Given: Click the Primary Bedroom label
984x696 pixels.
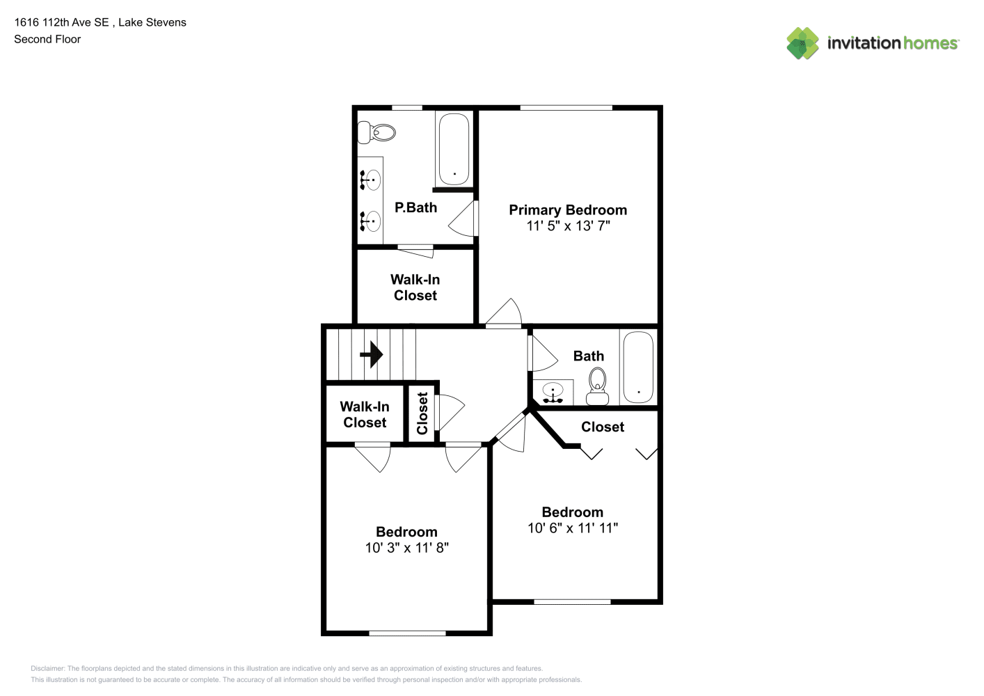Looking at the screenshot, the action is click(568, 210).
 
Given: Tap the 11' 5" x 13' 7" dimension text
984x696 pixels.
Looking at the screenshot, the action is click(568, 226).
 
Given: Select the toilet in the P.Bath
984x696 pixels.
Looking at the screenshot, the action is click(376, 132).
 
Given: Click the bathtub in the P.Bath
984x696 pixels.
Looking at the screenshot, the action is click(454, 149).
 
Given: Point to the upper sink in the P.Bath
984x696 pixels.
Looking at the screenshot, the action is click(370, 180).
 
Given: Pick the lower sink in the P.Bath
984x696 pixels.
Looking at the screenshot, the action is click(370, 221).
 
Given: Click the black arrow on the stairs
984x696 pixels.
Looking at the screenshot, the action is click(371, 354).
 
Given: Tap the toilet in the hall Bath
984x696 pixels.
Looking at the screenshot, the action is click(597, 387).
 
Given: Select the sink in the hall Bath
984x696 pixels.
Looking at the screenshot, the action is click(553, 393).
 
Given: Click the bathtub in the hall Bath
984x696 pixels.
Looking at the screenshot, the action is click(638, 367).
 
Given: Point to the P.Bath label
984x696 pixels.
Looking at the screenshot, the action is click(415, 207).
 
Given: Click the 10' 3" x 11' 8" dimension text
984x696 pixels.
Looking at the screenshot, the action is click(407, 548).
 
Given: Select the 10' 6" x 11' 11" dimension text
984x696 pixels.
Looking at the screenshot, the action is click(573, 528).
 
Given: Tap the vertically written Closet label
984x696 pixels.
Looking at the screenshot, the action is click(422, 413).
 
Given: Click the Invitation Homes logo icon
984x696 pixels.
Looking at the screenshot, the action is click(802, 43).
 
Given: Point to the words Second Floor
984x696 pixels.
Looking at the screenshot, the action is click(47, 39).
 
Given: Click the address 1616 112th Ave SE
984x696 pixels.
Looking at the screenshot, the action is click(61, 22).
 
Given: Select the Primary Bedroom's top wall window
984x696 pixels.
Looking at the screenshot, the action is click(566, 108).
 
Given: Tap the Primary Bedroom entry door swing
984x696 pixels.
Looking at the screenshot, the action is click(503, 313).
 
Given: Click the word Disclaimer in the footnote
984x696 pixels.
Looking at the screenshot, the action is click(47, 668).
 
